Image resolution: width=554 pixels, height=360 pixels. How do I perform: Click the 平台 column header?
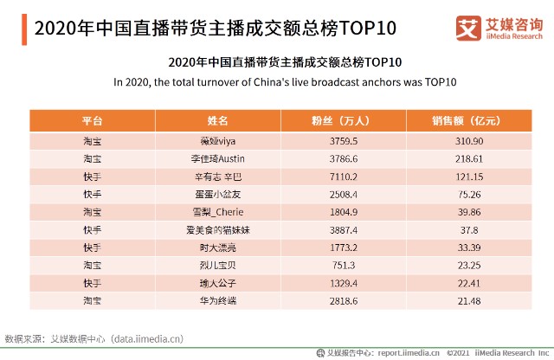click(92, 120)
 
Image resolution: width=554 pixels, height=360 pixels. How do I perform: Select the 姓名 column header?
click(218, 120)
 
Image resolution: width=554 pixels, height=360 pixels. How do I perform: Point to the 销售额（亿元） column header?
click(466, 120)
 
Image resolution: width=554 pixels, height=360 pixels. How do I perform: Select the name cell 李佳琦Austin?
click(218, 159)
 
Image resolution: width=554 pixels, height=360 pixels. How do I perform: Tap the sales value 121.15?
click(466, 177)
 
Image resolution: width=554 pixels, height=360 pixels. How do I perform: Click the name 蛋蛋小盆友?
click(218, 195)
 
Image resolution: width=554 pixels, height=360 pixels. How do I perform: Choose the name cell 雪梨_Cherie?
click(218, 212)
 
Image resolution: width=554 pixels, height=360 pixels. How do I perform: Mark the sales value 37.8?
click(466, 230)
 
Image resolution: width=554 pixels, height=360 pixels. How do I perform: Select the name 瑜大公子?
click(218, 283)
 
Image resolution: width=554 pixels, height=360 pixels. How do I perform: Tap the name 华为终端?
click(218, 300)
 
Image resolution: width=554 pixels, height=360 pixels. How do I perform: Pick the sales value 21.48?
click(466, 300)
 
